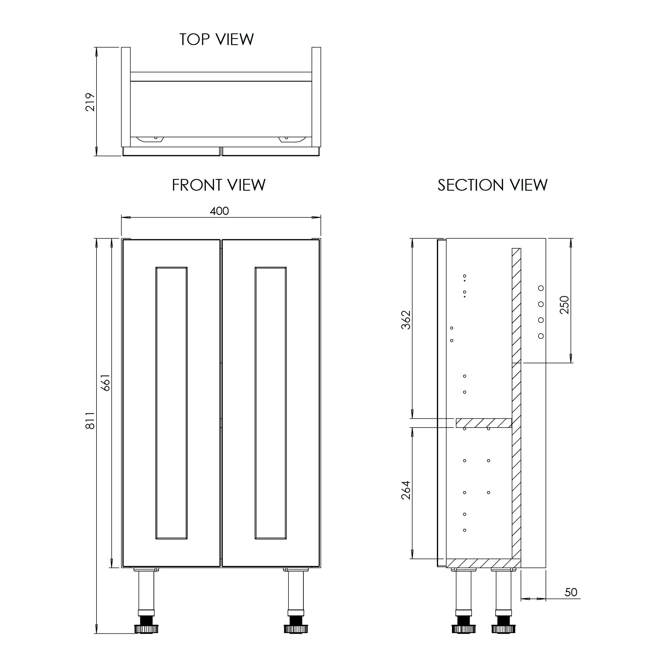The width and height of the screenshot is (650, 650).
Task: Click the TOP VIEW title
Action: coord(217,39)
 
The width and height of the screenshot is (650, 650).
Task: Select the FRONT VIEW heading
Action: coord(219,185)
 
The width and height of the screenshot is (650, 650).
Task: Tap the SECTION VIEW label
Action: coord(492,185)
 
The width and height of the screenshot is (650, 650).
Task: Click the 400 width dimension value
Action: coord(219,211)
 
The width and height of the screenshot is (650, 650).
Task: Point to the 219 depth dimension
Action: coord(90,102)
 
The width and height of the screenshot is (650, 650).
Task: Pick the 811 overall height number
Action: coord(90,420)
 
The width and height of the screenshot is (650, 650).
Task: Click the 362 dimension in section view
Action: coord(406,319)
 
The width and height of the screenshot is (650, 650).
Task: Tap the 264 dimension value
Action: coord(406,490)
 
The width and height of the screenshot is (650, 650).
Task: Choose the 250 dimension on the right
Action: coord(564,305)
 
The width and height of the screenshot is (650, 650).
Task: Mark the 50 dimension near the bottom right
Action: coord(571,592)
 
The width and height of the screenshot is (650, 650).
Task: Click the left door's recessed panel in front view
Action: coord(171,403)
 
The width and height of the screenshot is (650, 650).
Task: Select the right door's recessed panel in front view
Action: coord(271,403)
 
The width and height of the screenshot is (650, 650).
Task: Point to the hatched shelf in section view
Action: coord(484,423)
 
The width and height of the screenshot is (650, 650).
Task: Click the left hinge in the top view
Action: coord(150,139)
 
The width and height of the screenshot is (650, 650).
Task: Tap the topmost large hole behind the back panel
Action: coord(541,288)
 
